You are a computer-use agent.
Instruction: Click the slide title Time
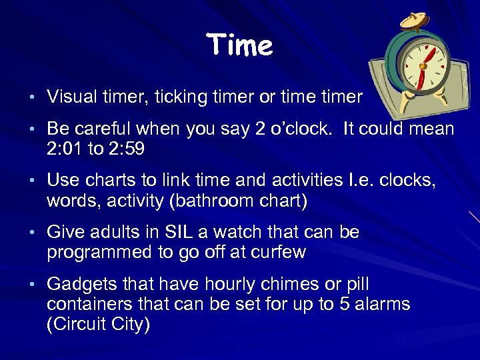(239, 46)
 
